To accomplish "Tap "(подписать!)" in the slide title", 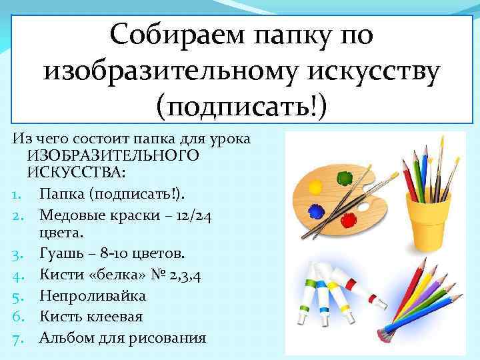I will (241, 105).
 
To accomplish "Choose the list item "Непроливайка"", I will (92, 295).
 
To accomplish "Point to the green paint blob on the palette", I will (345, 178).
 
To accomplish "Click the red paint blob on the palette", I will (347, 219).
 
